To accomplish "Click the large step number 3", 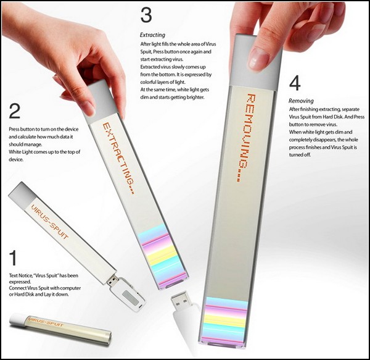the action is click(146, 15).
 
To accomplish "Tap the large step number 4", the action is click(295, 83).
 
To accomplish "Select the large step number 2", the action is click(14, 111).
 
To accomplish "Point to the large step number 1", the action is click(13, 258).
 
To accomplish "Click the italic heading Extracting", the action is click(152, 35).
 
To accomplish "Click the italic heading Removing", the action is click(301, 101).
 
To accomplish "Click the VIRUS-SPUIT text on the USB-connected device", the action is click(49, 222).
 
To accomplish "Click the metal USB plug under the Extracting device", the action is click(181, 301).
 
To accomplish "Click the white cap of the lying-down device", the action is click(18, 319).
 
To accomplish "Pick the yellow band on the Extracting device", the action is click(161, 253).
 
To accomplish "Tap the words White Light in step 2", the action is click(20, 152).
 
